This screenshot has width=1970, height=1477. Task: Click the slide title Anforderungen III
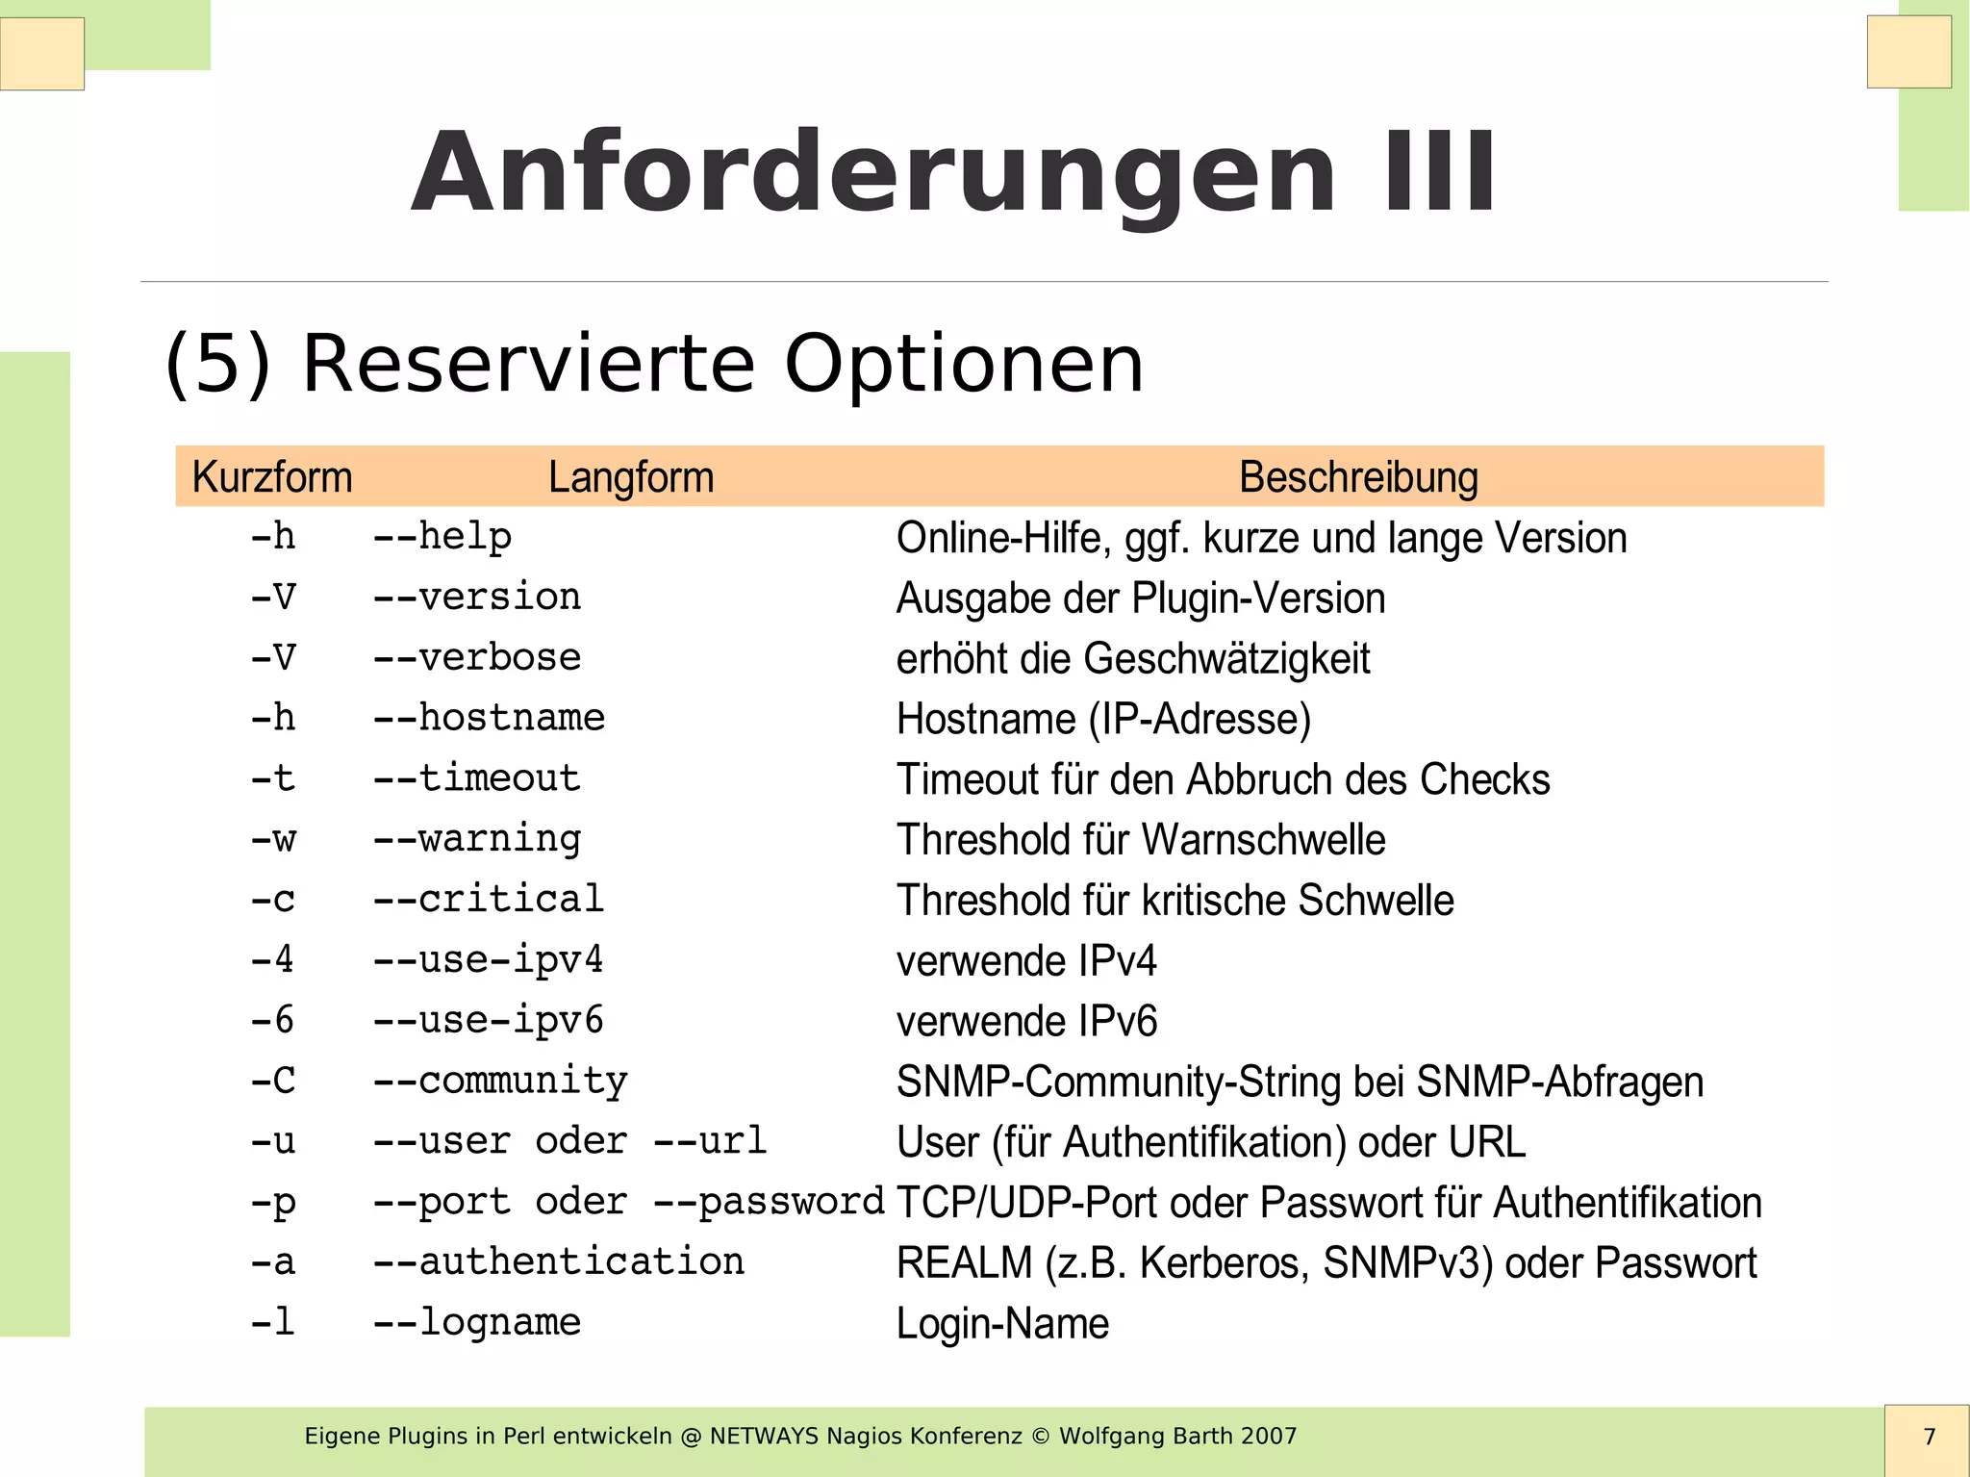(x=952, y=173)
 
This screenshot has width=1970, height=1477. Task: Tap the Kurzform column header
(x=272, y=477)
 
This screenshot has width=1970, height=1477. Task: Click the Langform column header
(x=631, y=477)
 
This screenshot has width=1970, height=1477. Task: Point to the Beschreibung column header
(x=1358, y=477)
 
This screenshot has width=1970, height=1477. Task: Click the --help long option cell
(x=442, y=537)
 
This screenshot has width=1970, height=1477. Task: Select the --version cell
(x=477, y=598)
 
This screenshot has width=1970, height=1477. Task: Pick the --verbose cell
(x=477, y=658)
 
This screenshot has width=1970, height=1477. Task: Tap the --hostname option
(x=489, y=718)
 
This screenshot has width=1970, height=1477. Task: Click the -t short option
(x=272, y=778)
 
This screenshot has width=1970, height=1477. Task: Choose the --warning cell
(x=477, y=839)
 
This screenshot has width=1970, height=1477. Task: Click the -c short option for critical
(x=272, y=900)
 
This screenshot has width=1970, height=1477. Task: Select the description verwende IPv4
(x=1026, y=960)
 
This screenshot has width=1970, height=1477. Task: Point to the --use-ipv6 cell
(x=489, y=1020)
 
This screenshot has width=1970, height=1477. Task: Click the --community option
(x=500, y=1081)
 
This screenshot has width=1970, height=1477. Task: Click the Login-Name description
(x=1002, y=1323)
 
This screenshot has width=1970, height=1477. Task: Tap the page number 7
(x=1929, y=1437)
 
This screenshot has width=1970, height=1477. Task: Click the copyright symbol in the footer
(x=1040, y=1437)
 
